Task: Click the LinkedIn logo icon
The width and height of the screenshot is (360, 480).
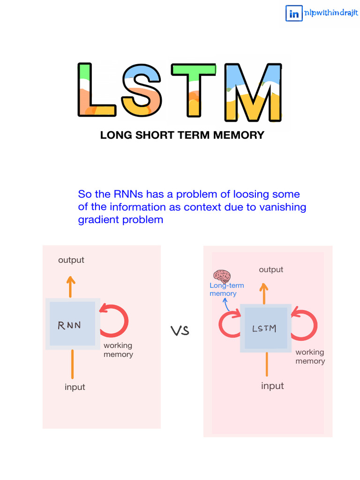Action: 294,14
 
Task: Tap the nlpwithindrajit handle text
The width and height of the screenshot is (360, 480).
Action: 331,14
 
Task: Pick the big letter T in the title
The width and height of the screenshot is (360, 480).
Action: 193,90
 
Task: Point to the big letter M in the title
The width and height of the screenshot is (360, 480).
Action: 253,90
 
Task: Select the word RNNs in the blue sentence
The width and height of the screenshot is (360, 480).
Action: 128,194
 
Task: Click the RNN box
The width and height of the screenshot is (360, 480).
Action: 72,324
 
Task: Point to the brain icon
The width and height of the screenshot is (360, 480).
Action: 222,276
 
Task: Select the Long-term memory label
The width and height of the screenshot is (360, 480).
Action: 226,290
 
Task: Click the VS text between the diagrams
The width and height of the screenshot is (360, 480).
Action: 180,331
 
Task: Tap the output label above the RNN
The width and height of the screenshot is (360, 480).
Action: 71,260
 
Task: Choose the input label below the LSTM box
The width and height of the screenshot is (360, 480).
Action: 272,386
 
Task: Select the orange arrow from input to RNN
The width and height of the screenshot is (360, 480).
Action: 72,364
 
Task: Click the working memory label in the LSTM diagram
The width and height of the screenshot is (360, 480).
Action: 310,357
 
